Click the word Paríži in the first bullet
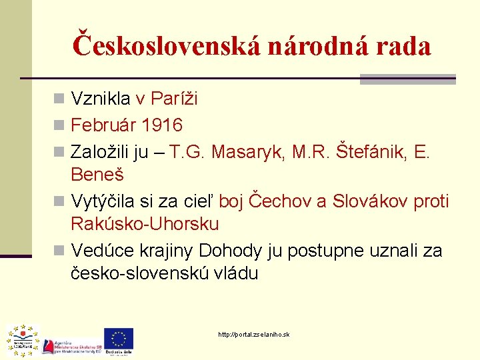coord(175,99)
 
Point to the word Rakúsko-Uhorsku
coord(145,224)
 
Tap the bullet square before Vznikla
coord(59,99)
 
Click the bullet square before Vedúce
coord(59,251)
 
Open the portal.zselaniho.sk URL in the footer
coord(254,334)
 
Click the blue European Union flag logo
coord(119,339)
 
